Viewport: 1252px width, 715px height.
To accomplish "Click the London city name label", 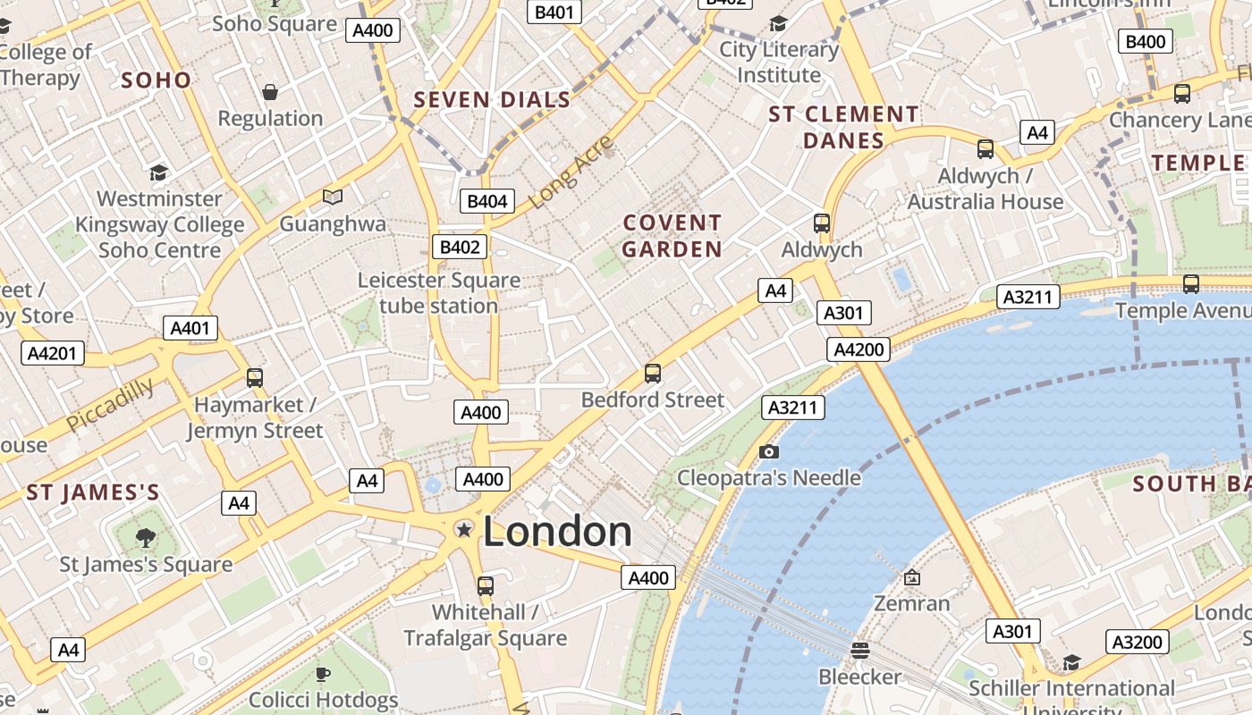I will tap(557, 532).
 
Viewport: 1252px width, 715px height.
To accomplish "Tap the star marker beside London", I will tap(464, 530).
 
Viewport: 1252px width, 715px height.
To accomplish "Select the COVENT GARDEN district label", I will tap(672, 236).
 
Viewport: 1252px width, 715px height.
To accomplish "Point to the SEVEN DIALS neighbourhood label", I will tap(492, 100).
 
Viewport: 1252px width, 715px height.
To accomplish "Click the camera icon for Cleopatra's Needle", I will tap(768, 452).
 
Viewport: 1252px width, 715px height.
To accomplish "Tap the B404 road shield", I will tap(487, 201).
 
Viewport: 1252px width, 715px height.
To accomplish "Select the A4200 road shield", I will tap(859, 349).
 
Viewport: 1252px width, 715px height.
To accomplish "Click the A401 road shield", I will tap(190, 328).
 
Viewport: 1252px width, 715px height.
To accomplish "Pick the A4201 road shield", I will tap(53, 353).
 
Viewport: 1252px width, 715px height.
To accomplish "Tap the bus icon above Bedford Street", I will tap(653, 374).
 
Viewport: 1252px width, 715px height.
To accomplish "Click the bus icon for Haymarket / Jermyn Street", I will tap(255, 378).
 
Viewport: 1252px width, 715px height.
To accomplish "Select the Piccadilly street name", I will tap(109, 404).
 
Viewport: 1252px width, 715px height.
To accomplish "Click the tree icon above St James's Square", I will tap(145, 538).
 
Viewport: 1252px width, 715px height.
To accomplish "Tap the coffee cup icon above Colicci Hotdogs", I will tap(323, 674).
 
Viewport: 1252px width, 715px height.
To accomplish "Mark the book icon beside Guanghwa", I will tap(333, 197).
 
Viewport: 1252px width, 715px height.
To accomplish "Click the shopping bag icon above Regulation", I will tap(269, 92).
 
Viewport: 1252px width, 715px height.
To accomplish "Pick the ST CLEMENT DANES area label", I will tap(843, 127).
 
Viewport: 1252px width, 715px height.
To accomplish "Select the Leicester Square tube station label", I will tap(438, 293).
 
